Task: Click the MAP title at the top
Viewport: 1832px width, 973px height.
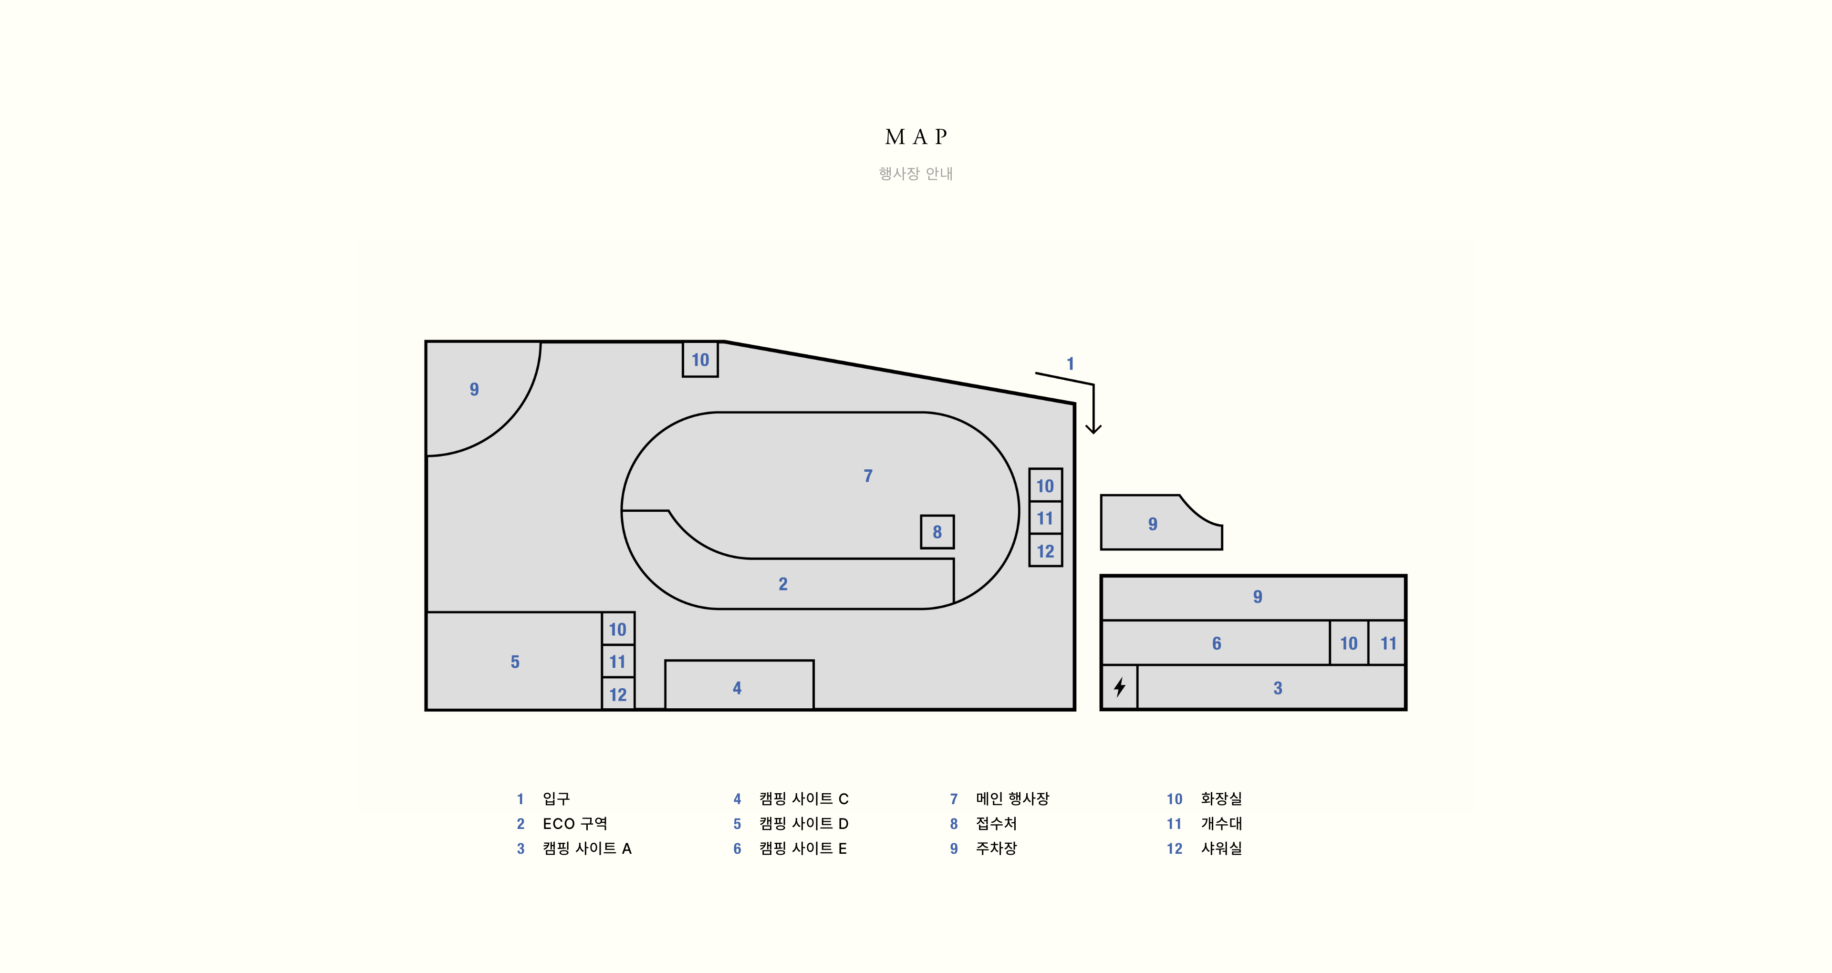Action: click(916, 136)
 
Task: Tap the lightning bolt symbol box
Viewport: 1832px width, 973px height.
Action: click(1119, 687)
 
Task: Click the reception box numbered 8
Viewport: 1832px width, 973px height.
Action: click(937, 532)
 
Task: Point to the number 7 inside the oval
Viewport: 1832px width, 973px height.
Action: click(868, 476)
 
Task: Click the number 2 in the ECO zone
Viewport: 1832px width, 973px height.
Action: click(783, 584)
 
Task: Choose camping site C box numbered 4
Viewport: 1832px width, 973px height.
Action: click(739, 685)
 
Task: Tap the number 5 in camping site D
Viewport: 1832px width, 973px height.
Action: click(515, 662)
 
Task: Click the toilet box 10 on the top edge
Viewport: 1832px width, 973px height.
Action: click(700, 359)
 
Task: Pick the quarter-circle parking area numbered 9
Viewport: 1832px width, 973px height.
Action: click(477, 391)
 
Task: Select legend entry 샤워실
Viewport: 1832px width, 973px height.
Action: click(1221, 849)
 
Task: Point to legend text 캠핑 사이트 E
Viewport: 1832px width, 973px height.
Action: click(803, 849)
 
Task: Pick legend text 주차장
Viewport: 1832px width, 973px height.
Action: click(996, 849)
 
